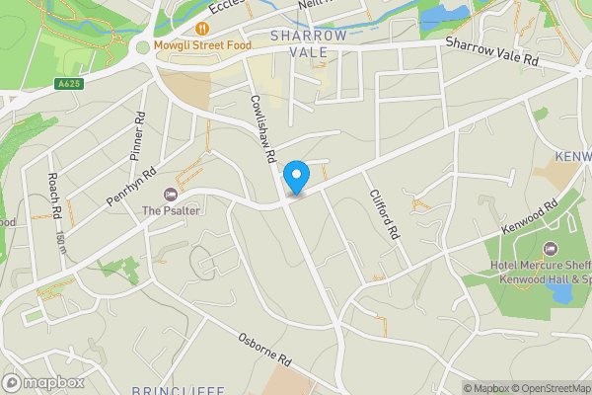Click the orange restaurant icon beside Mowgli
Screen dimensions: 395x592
[x=202, y=29]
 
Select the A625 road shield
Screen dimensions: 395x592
[x=68, y=84]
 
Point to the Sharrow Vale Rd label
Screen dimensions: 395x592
[x=493, y=52]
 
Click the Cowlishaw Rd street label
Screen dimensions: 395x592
[x=261, y=128]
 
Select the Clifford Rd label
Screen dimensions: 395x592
[x=385, y=216]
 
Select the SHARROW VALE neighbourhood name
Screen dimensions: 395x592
[x=309, y=43]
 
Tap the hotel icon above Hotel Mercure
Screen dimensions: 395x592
[x=551, y=247]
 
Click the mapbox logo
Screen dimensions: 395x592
[x=43, y=382]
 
